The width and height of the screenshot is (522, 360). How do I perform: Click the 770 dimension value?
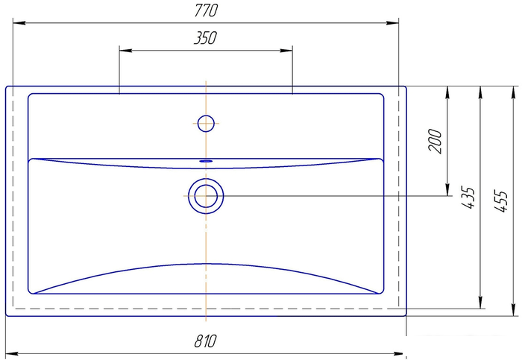click(x=206, y=10)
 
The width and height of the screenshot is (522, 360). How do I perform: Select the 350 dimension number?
click(x=205, y=38)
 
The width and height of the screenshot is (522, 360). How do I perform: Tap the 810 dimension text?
click(x=205, y=341)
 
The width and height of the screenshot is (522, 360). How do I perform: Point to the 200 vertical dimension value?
click(x=435, y=141)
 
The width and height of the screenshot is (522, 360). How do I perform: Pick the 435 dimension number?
click(x=468, y=198)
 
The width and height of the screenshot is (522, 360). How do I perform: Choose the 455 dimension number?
click(x=500, y=201)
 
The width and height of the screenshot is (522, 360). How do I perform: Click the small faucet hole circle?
click(x=206, y=124)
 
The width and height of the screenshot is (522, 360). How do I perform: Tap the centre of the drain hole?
click(x=206, y=195)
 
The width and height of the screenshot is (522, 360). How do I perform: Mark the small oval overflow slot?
click(x=206, y=161)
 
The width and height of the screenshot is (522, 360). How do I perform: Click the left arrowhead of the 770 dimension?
click(x=19, y=23)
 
